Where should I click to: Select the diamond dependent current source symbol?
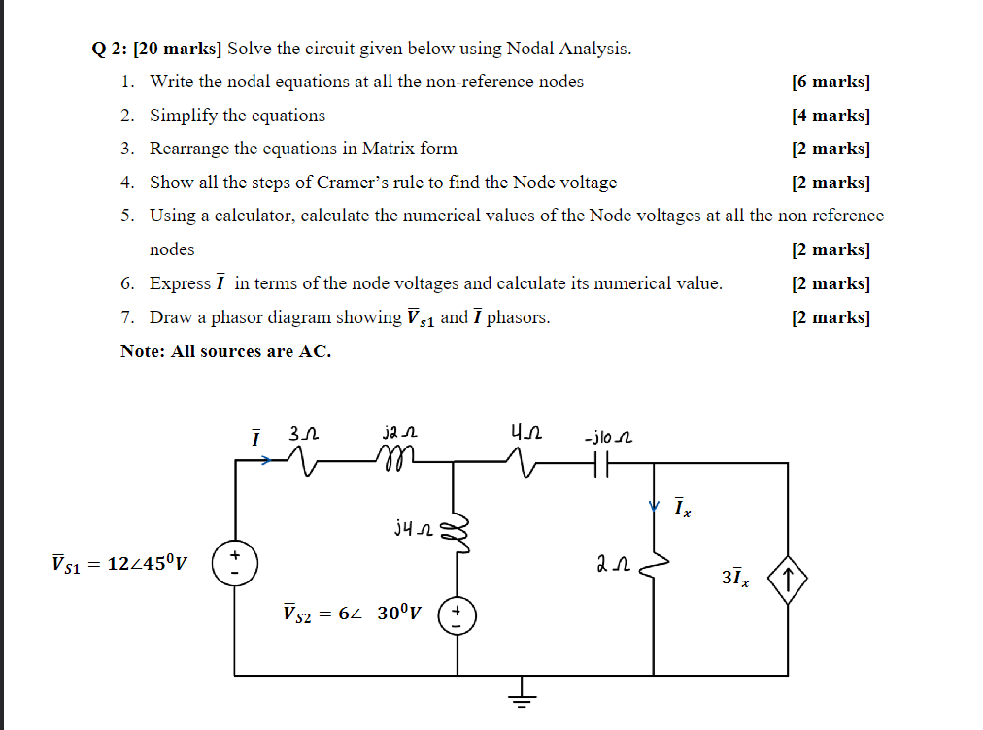point(787,581)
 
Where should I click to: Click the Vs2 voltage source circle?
point(456,616)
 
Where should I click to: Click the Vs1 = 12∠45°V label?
point(122,562)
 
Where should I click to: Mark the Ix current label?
point(683,508)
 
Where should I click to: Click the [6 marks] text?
point(830,82)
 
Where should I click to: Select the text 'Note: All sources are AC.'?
point(225,351)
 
